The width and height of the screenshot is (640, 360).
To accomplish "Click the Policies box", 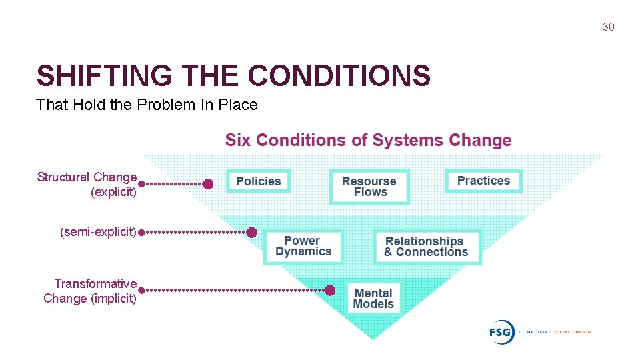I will [x=259, y=181].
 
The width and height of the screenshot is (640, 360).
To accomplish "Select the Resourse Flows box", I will [x=369, y=187].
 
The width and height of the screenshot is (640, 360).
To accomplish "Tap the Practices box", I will [x=483, y=181].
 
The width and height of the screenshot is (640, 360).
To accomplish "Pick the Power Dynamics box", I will [x=303, y=247].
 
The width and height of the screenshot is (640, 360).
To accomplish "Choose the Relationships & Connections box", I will [x=426, y=247].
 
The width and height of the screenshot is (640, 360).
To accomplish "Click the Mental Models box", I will [x=373, y=299].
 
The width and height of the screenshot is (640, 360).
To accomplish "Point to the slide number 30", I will [x=608, y=27].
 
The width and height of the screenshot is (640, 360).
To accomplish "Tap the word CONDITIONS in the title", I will [x=339, y=76].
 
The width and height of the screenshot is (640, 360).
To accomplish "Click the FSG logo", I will [x=501, y=331].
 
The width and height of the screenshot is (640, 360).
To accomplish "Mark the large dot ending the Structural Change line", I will [x=208, y=184].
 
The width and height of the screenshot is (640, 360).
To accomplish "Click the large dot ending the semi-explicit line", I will [x=251, y=233].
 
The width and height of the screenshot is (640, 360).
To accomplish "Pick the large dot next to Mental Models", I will [x=329, y=290].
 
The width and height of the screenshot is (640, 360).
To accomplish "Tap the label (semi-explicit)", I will [x=98, y=232].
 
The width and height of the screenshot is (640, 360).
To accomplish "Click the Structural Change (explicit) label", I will [x=87, y=185].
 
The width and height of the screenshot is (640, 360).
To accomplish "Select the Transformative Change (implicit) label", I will [x=91, y=291].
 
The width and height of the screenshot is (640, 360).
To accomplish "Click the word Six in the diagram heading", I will [x=238, y=140].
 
